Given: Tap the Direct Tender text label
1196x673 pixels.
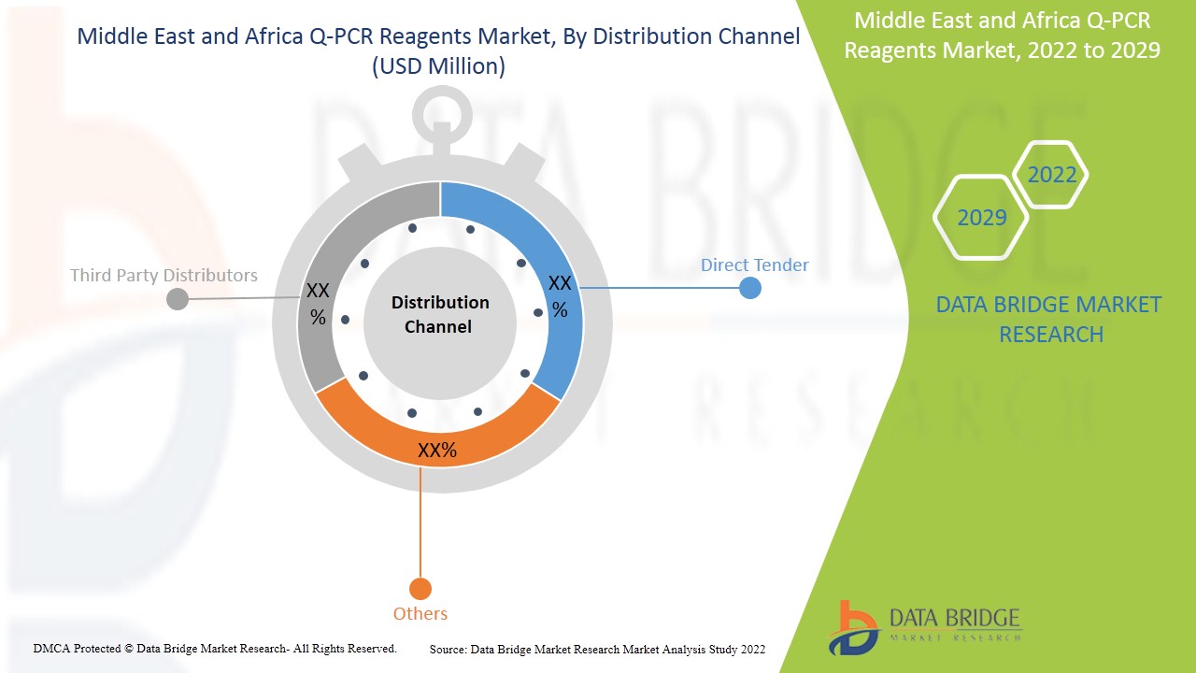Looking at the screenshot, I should (x=754, y=265).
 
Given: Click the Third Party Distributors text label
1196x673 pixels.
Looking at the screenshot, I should (x=164, y=275).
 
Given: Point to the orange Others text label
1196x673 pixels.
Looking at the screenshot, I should (x=420, y=613).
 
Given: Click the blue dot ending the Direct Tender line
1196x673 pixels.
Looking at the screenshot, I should (x=749, y=288).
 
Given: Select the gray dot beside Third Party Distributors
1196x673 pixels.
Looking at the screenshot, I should (x=177, y=299).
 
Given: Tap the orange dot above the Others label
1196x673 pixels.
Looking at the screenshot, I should (x=420, y=589).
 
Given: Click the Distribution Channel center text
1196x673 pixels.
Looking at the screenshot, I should (x=440, y=314).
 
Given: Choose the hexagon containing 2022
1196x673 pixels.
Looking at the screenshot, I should (x=1051, y=175).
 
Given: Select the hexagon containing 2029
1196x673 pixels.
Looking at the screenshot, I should (x=981, y=218).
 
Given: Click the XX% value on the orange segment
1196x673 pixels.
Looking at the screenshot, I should (x=437, y=451).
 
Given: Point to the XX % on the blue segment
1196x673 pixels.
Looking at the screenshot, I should (x=559, y=295).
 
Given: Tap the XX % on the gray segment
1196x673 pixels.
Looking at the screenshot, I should (x=318, y=304).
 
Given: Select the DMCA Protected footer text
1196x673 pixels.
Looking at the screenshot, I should (x=215, y=648).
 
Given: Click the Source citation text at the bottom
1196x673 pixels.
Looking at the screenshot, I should (x=597, y=649).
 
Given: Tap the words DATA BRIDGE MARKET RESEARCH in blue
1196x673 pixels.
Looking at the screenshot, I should (x=1050, y=319).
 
